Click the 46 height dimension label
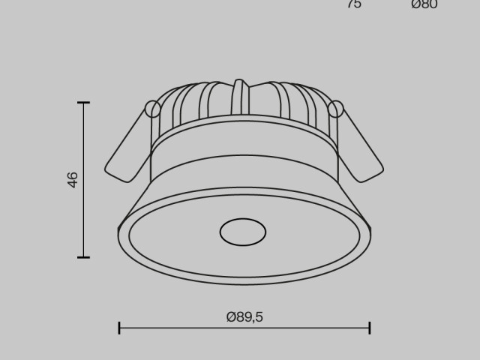point(73,179)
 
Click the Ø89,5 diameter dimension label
point(244,317)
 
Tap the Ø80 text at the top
point(424,4)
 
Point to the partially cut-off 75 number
point(354,4)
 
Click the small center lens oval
point(242,232)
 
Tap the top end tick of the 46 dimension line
point(82,103)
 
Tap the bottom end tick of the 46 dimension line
point(82,257)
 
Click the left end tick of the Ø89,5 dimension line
point(119,328)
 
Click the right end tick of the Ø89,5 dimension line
point(370,328)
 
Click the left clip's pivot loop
point(153,109)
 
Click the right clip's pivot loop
point(335,109)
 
